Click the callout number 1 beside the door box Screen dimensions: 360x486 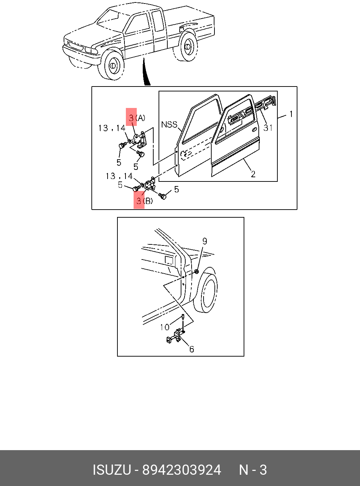point(291,114)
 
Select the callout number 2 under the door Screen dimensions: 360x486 point(253,174)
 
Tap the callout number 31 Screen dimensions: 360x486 point(268,128)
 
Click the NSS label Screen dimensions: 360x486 point(169,124)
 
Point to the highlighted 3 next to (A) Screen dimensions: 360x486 point(131,118)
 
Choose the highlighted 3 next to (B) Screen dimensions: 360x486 point(139,201)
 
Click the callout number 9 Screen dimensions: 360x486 point(204,241)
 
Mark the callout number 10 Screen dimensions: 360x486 point(165,327)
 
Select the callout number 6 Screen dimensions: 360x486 point(192,349)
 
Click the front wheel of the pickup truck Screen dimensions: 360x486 point(112,65)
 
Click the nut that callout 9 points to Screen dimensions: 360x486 point(197,272)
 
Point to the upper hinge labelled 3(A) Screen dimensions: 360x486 point(140,139)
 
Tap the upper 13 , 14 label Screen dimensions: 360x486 point(112,128)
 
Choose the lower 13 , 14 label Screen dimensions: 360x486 point(119,176)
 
